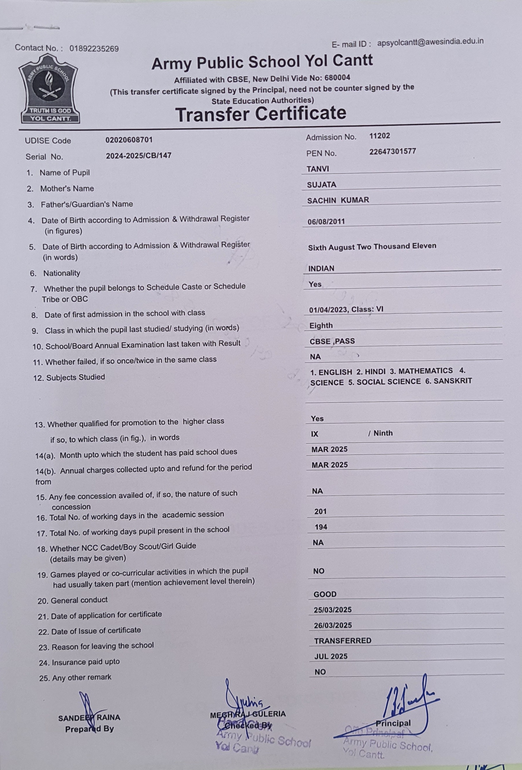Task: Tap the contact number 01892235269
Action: (x=94, y=49)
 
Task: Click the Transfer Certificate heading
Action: (x=261, y=114)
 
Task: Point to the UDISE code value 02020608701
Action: (x=129, y=140)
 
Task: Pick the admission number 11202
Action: (x=380, y=136)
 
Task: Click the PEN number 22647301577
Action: (x=393, y=151)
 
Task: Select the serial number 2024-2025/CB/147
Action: (x=139, y=155)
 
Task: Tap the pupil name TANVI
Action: (x=318, y=169)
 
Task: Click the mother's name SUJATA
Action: (x=322, y=185)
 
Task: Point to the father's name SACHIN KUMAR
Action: (x=338, y=200)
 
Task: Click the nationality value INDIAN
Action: (x=321, y=268)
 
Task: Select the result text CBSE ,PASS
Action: (x=332, y=341)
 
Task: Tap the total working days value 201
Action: (x=321, y=511)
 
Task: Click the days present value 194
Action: (x=321, y=527)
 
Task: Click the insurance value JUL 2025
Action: (x=331, y=656)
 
